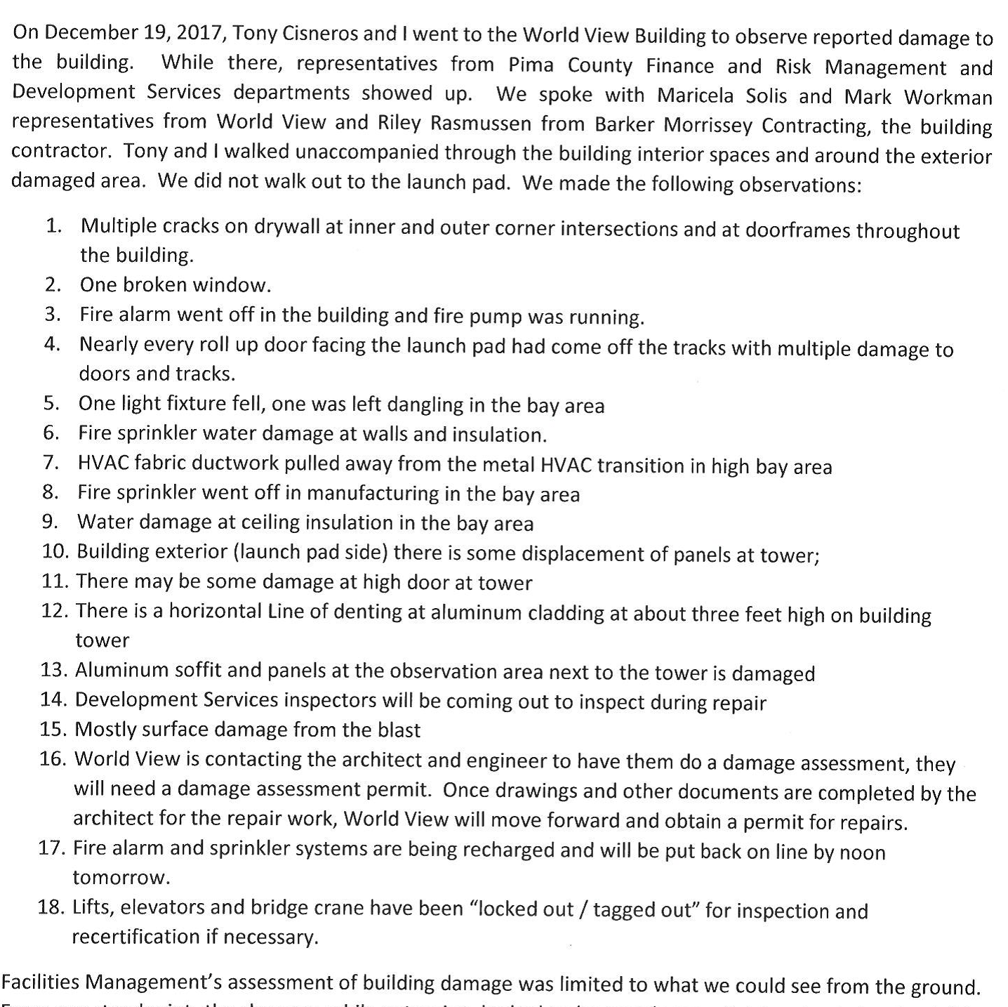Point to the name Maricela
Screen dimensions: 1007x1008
click(694, 95)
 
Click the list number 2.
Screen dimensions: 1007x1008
click(53, 284)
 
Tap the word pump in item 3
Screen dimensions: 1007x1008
click(498, 316)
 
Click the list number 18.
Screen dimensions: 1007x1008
click(51, 907)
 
